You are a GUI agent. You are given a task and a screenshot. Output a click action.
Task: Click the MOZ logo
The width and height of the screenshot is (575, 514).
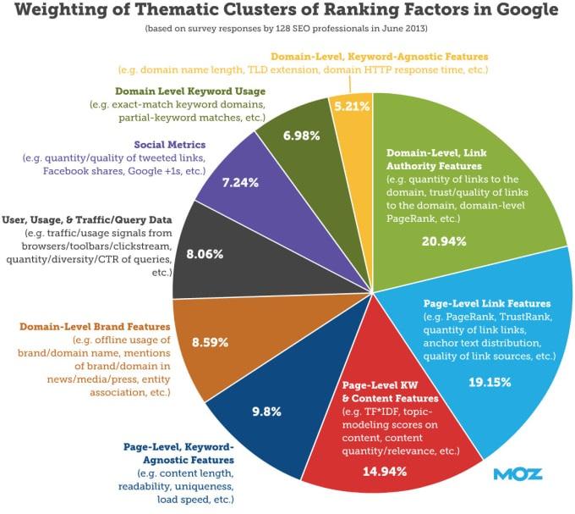(517, 474)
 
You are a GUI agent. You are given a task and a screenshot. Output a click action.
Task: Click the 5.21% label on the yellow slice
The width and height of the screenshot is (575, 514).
(353, 108)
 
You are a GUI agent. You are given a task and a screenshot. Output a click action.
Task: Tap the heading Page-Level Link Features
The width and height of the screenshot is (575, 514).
(486, 302)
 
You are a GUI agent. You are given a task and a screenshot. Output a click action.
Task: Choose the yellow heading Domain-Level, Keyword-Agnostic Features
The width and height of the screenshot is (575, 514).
(378, 55)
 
